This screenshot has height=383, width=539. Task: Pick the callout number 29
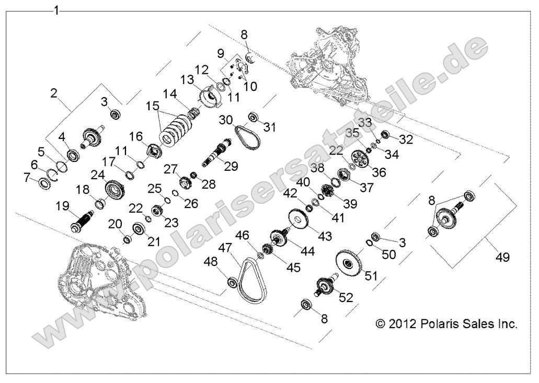pos(231,166)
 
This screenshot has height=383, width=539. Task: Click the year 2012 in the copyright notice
pos(403,324)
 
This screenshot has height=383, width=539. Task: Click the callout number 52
pos(346,297)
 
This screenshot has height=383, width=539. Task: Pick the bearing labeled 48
pos(232,283)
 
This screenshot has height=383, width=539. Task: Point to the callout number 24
pos(96,175)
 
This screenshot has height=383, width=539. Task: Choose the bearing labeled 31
pos(253,117)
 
